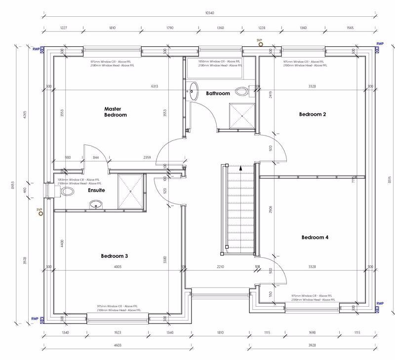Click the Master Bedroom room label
point(115,111)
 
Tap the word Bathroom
point(218,93)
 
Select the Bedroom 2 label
point(313,114)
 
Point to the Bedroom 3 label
point(115,256)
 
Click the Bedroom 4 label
point(315,237)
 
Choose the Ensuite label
point(96,189)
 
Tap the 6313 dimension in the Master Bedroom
point(155,86)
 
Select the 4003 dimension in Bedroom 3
point(118,267)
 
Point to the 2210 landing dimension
point(220,267)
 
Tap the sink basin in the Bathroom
point(193,90)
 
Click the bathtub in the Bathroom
point(215,70)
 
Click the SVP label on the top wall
point(259,39)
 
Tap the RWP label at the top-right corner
point(380,44)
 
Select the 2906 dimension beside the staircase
point(270,210)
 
